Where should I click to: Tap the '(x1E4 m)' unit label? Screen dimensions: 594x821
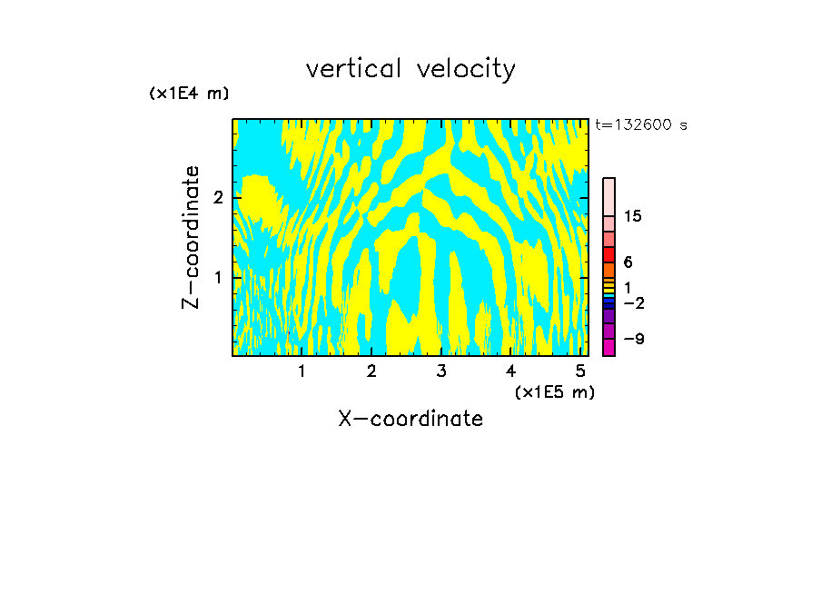[x=189, y=94]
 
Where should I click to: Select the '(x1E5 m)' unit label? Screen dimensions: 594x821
[x=554, y=391]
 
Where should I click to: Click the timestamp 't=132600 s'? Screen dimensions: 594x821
[x=640, y=125]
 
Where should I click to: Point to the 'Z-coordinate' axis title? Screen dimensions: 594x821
[x=191, y=237]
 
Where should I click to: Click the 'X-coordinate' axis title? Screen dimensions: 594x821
[x=410, y=419]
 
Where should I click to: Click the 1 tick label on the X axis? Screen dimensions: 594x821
[x=302, y=371]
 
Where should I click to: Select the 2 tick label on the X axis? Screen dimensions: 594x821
[x=371, y=371]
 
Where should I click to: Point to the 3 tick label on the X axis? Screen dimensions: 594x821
[x=441, y=371]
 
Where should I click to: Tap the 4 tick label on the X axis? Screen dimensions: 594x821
[x=510, y=371]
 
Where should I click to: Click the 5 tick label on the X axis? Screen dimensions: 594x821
[x=580, y=371]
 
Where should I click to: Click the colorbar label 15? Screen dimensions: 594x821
[x=633, y=217]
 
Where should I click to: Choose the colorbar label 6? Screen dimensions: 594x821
[x=628, y=262]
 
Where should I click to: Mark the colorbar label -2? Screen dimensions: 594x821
[x=633, y=303]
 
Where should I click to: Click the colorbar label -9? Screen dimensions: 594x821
[x=633, y=339]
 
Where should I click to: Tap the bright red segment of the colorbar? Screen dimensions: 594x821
[x=608, y=254]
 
